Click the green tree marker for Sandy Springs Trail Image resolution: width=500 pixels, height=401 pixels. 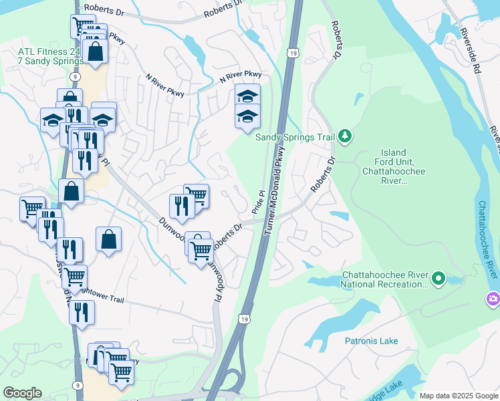click(x=345, y=136)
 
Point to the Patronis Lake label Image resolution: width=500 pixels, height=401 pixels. click(x=371, y=341)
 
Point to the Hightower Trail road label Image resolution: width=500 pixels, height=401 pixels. click(x=100, y=292)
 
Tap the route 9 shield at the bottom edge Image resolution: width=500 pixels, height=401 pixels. click(x=79, y=385)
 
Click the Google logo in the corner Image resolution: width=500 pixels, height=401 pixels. click(x=23, y=393)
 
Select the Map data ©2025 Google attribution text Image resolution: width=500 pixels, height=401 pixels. click(x=458, y=396)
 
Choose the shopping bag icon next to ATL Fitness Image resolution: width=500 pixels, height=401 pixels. click(x=96, y=51)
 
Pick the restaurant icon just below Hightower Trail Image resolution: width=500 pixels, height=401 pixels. click(x=82, y=312)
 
